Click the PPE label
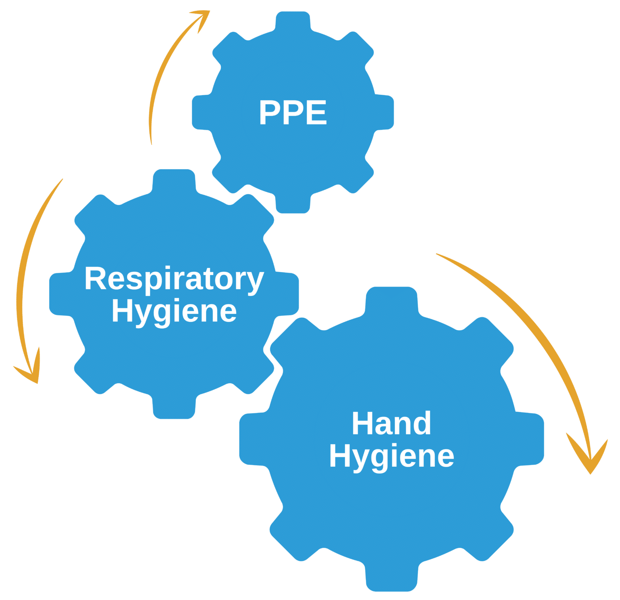click(x=293, y=112)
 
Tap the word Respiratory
click(x=174, y=279)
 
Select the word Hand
click(x=391, y=423)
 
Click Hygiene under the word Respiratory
click(x=174, y=312)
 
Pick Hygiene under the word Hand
click(x=391, y=456)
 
